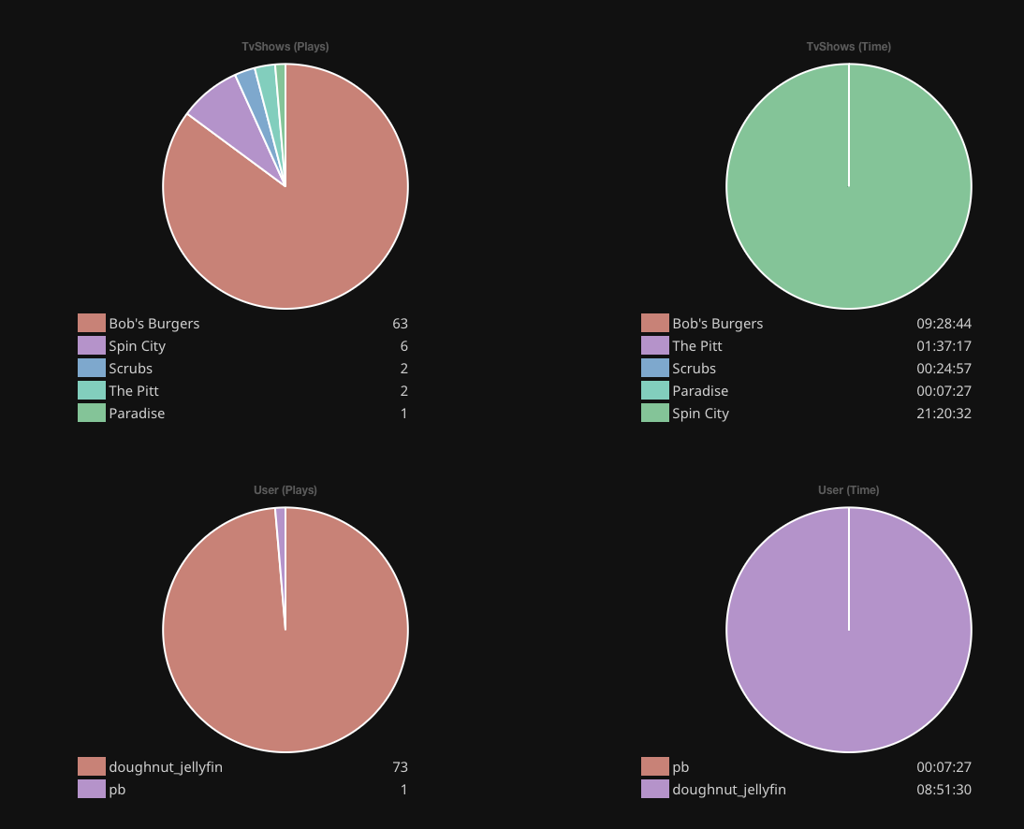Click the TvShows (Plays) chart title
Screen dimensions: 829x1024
click(x=285, y=47)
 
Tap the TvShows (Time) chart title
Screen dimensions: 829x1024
click(x=848, y=47)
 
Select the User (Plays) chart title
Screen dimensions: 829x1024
click(x=285, y=490)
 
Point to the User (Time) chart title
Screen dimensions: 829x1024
click(x=848, y=490)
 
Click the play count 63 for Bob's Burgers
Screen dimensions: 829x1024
click(x=400, y=324)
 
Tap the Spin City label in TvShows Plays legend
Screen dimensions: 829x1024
click(x=137, y=346)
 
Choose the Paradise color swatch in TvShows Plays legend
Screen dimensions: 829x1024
click(x=92, y=414)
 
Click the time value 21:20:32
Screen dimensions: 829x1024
click(x=944, y=414)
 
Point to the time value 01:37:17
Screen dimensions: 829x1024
click(x=944, y=346)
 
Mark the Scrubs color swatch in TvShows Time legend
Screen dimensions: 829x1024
click(x=655, y=369)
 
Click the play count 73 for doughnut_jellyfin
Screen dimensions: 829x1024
click(x=400, y=767)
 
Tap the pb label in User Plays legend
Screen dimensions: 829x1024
click(x=117, y=790)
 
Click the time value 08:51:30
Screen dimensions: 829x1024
click(x=944, y=790)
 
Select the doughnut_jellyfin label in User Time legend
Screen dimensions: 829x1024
click(x=728, y=790)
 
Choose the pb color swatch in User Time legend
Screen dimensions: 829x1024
click(x=655, y=767)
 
